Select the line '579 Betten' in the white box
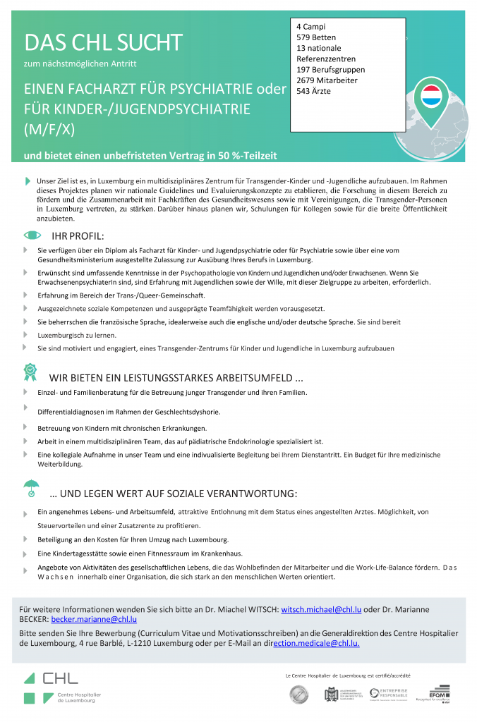pyautogui.click(x=316, y=37)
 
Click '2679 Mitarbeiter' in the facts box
pyautogui.click(x=327, y=80)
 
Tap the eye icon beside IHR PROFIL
pyautogui.click(x=32, y=235)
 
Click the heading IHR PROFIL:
pyautogui.click(x=78, y=235)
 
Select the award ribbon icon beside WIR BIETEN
pyautogui.click(x=30, y=372)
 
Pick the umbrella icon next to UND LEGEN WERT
pyautogui.click(x=31, y=488)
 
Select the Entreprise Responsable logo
pyautogui.click(x=389, y=695)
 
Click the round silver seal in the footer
pyautogui.click(x=298, y=695)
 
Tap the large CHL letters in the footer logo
pyautogui.click(x=60, y=678)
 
